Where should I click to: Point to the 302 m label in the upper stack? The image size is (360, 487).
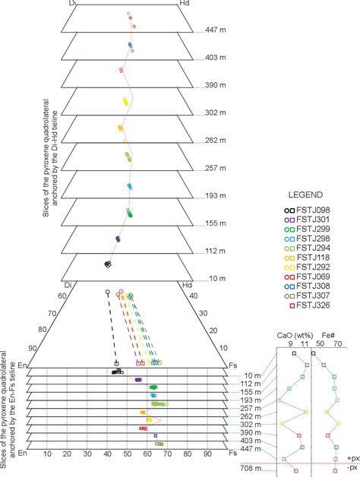216,113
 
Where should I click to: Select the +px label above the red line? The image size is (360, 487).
352,459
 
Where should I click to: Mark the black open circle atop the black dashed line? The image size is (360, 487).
107,290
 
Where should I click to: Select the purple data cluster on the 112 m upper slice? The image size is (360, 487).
118,238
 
